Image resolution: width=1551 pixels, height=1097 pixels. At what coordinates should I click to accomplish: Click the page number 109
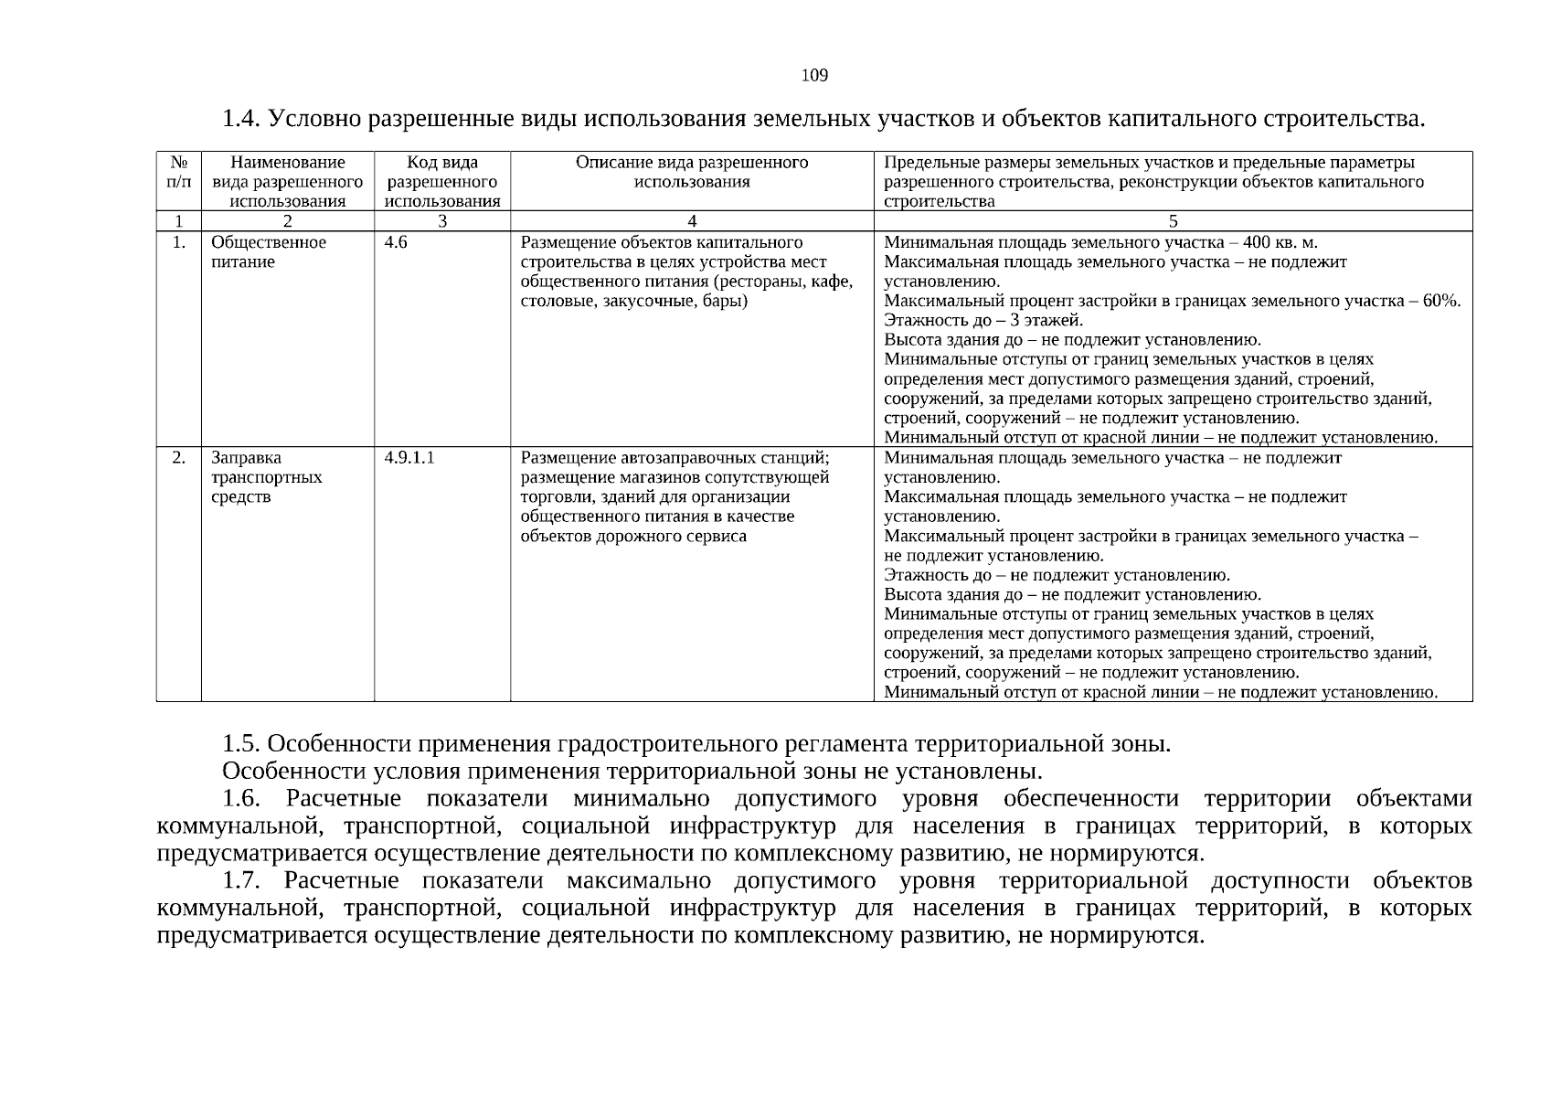pos(814,76)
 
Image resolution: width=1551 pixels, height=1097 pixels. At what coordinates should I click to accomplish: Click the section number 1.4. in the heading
pos(243,120)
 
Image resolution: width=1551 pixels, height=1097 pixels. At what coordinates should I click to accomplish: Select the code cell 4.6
pos(396,242)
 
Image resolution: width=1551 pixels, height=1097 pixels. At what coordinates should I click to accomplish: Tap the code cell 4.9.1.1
pos(409,458)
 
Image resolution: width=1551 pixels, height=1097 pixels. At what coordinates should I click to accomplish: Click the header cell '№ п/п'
pos(179,172)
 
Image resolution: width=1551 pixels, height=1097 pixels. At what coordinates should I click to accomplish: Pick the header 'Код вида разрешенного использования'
pos(442,182)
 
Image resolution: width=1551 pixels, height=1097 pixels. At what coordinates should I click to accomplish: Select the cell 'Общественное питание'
pos(268,252)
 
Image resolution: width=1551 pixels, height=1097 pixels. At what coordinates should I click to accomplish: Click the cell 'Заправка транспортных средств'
pos(266,477)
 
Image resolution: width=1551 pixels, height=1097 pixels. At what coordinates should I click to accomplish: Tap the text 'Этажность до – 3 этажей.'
pos(983,320)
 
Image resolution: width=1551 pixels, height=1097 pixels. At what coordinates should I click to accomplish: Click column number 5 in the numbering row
pos(1174,221)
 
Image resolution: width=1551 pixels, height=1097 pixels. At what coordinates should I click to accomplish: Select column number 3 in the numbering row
pos(442,221)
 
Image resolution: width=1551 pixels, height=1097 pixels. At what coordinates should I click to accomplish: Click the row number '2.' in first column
pos(179,458)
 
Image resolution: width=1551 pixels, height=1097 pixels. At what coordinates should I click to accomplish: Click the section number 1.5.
pos(241,743)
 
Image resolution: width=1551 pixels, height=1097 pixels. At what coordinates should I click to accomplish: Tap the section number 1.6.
pos(241,798)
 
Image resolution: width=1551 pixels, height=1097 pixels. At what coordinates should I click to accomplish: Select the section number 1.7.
pos(241,880)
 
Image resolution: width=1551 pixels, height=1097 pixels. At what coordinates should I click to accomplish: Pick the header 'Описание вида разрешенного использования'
pos(692,172)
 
